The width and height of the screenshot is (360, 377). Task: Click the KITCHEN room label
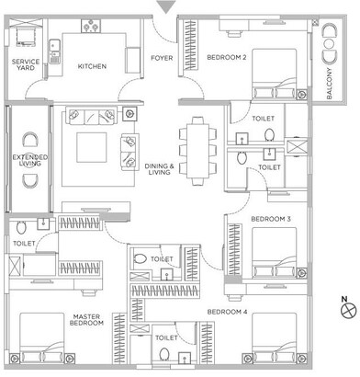click(92, 66)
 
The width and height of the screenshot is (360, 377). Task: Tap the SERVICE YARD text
click(25, 65)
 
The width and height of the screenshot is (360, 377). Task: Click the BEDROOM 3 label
click(271, 219)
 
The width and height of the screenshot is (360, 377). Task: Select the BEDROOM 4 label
click(225, 314)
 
